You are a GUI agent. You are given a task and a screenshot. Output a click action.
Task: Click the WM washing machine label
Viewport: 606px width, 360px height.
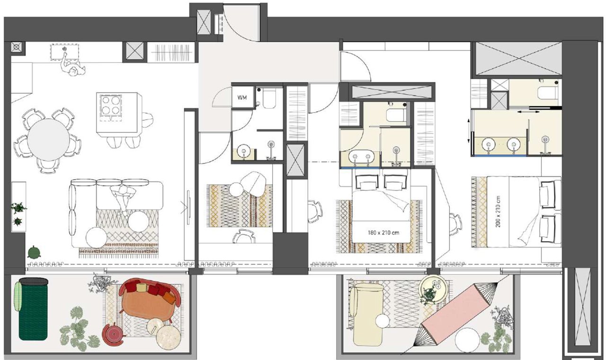coord(242,97)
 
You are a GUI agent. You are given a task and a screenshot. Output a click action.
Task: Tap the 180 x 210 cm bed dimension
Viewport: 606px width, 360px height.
coord(383,232)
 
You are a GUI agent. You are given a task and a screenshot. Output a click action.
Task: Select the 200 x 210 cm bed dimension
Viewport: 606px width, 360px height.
coord(499,211)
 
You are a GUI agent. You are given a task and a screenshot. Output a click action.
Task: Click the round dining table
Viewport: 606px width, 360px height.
coord(48,140)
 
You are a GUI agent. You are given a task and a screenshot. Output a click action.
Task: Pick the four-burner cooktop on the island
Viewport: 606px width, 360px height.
coord(110,105)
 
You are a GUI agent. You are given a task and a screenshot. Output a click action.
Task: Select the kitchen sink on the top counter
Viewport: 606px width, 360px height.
coord(65,52)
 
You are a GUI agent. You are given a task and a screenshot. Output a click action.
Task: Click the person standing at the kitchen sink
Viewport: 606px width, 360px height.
coord(72,66)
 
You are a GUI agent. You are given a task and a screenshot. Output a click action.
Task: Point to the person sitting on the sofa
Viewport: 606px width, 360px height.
coord(123,200)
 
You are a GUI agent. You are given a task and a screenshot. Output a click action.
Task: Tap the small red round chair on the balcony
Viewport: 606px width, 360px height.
coord(114,334)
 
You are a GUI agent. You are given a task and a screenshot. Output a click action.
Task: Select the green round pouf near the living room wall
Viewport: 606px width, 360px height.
coord(35,252)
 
